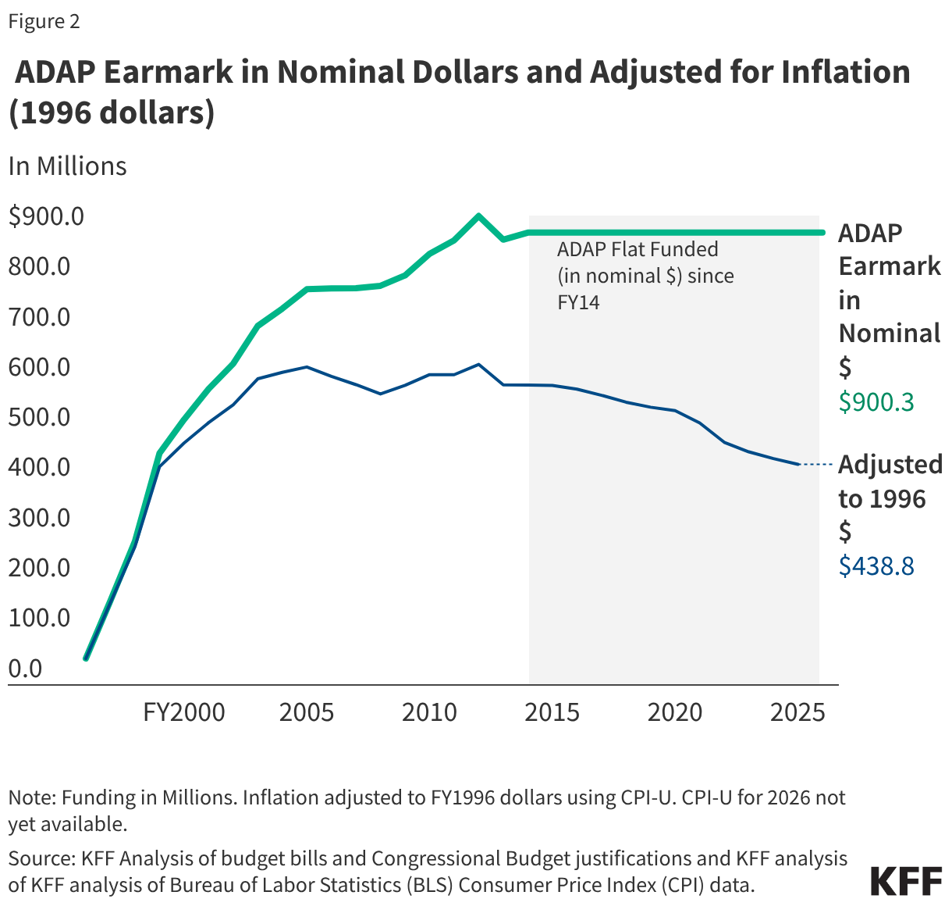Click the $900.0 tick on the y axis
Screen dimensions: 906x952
coord(46,216)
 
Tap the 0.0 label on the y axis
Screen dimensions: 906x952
coord(25,669)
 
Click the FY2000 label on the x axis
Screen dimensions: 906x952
coord(184,712)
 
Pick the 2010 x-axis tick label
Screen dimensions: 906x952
coord(429,712)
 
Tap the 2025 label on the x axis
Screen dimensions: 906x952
coord(797,712)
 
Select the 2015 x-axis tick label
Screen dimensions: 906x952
coord(552,712)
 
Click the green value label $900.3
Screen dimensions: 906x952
coord(876,402)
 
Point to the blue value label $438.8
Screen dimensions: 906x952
coord(876,565)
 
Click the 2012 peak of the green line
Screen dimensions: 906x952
coord(478,216)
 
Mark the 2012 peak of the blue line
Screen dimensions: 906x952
coord(478,365)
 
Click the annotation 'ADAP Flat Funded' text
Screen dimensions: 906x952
coord(637,250)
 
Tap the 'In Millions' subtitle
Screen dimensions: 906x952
coord(67,166)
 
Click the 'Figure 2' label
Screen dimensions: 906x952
coord(44,21)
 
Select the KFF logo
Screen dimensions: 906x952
coord(906,881)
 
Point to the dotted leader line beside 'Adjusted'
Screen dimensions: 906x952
coord(817,465)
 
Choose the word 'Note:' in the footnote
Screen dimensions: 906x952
coord(32,798)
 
